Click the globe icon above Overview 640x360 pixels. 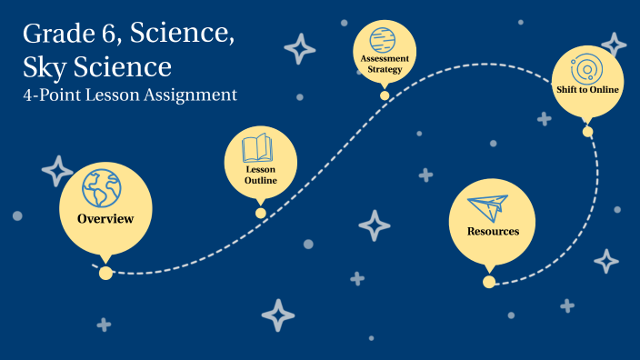click(101, 188)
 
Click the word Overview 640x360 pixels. click(105, 218)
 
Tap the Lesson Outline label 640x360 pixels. click(260, 175)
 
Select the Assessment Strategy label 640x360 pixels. click(385, 64)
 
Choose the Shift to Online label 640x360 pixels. click(587, 90)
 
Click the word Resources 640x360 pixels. click(493, 231)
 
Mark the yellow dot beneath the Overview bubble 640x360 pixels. click(105, 273)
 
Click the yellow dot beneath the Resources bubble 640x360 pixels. click(489, 282)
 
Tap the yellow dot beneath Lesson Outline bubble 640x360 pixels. click(261, 213)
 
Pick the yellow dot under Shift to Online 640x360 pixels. click(587, 132)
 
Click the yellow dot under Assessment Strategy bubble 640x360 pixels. click(385, 95)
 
